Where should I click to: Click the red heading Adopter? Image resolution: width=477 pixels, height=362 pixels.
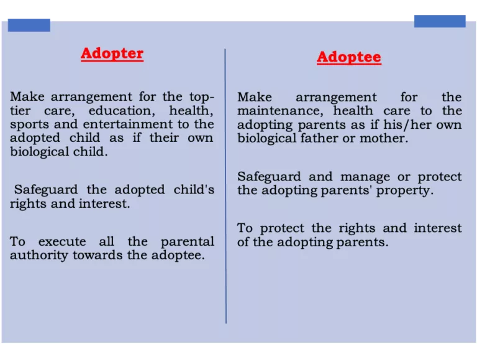tap(112, 53)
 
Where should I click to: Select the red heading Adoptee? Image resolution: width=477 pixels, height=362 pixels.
tap(348, 57)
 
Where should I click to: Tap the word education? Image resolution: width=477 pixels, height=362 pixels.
tap(121, 111)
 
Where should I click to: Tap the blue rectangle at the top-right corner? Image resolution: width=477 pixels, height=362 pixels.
tap(439, 21)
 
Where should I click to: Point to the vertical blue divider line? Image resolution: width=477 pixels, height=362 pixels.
tap(225, 187)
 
